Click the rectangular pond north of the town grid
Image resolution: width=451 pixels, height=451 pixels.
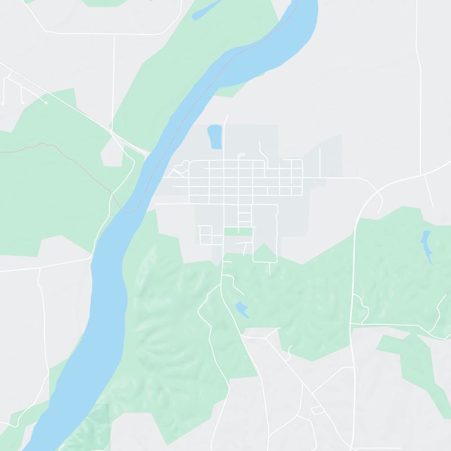215,137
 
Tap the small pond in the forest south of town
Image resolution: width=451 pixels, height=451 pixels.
242,309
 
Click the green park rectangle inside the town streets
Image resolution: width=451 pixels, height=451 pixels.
238,231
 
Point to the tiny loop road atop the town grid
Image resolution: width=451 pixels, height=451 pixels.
241,155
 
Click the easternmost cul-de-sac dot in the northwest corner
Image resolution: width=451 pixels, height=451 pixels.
46,103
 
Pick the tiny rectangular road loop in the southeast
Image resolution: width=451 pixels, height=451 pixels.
317,410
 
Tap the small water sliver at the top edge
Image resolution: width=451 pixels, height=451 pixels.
206,9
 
